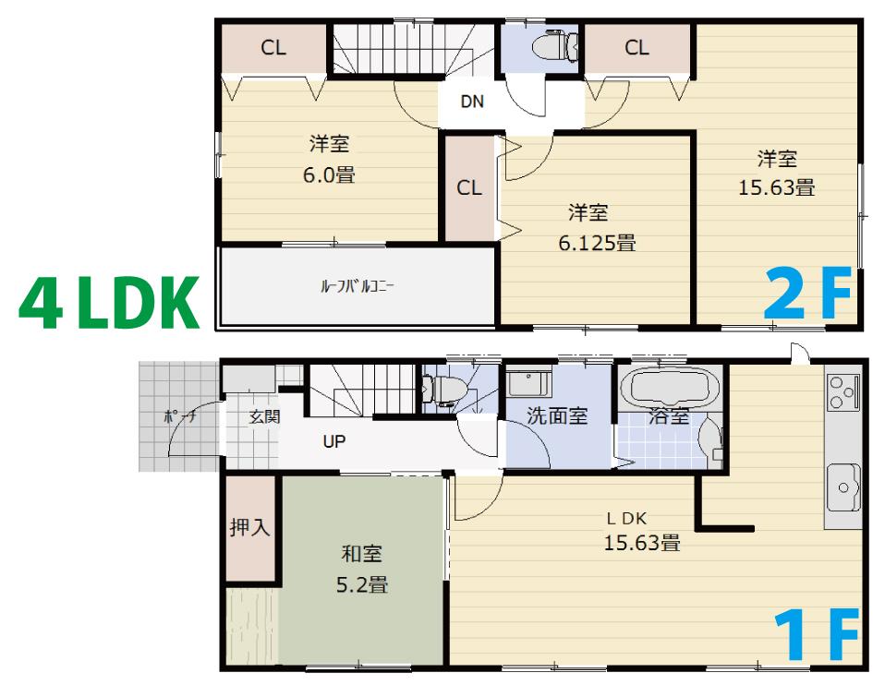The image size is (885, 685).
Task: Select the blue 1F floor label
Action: point(816,634)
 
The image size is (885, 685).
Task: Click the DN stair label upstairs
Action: point(472,102)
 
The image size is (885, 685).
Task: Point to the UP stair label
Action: point(333,441)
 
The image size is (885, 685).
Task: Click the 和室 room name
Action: point(361,554)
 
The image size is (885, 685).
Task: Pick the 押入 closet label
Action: point(249,528)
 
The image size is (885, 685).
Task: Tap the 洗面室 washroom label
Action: point(557,415)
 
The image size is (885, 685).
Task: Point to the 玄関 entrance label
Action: point(264,416)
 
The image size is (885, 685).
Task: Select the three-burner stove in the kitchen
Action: point(843,391)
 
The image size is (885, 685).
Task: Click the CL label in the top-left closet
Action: point(273,48)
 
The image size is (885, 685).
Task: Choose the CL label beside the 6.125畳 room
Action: point(469,187)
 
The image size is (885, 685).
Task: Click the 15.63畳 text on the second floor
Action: point(776,187)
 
